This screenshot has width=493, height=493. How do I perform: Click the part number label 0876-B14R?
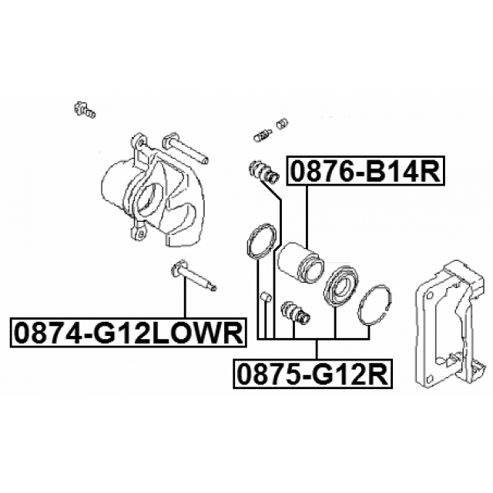click(x=365, y=171)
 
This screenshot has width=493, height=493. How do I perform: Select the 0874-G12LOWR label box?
click(x=129, y=333)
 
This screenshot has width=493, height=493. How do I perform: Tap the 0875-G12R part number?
click(x=313, y=374)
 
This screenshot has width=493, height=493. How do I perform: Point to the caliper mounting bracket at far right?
click(x=450, y=324)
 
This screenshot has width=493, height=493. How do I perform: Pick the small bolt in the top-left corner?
click(x=85, y=109)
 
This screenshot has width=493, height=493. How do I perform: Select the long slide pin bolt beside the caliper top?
click(x=185, y=149)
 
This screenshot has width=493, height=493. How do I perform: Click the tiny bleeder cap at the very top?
click(x=282, y=123)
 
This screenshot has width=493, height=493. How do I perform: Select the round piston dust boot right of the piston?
click(x=340, y=283)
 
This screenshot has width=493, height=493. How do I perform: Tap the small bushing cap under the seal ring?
click(x=266, y=297)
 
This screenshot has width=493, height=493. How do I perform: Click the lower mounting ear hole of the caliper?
click(x=141, y=233)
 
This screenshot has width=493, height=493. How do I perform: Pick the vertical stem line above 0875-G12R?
click(x=317, y=349)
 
